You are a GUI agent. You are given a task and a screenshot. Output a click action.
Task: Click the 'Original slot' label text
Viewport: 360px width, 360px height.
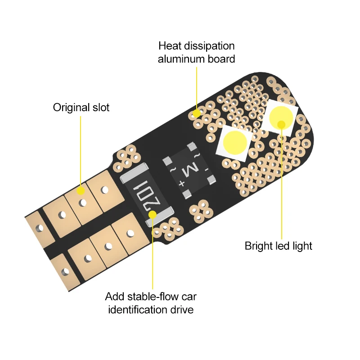pos(81,108)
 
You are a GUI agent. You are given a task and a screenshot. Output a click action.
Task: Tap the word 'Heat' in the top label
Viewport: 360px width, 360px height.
pos(169,46)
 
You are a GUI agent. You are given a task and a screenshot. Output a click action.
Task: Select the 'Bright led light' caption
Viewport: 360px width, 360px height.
pos(278,246)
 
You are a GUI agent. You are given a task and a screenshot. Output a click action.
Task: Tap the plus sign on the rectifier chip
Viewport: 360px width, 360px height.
pos(182,183)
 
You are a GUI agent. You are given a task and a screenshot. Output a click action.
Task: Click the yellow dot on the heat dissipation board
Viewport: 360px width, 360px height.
pos(197,113)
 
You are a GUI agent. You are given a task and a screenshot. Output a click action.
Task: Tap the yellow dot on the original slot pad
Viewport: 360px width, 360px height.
pos(81,191)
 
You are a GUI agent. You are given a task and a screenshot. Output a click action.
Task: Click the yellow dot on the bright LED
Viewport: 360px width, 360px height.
pos(282,124)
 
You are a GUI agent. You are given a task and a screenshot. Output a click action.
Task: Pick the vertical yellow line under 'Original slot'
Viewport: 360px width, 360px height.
pos(81,148)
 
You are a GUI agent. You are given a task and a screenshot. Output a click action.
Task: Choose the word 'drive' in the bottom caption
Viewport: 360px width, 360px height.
pos(181,310)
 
